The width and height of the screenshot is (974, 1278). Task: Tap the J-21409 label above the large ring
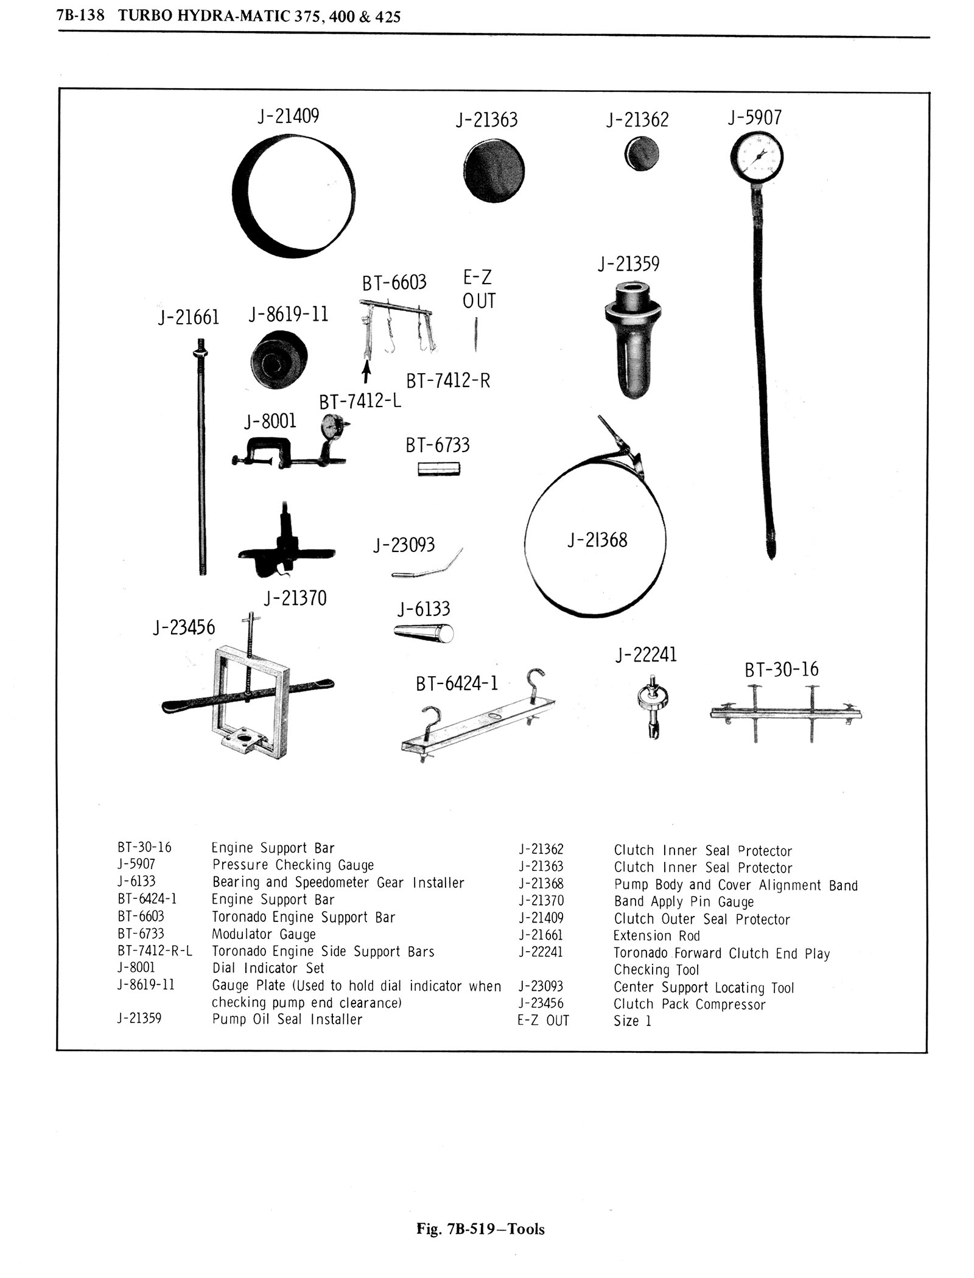click(289, 116)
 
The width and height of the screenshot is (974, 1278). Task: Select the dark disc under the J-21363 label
click(493, 170)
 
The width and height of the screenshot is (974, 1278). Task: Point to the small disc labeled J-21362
click(641, 153)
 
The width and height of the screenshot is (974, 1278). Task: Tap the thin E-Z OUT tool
click(475, 334)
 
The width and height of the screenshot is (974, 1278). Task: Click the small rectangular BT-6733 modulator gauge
click(439, 469)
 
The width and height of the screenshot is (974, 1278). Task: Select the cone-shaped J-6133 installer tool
click(424, 633)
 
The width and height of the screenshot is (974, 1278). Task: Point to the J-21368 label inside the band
click(597, 539)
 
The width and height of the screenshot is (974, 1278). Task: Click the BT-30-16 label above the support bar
click(782, 669)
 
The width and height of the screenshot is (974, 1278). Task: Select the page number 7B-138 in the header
click(81, 15)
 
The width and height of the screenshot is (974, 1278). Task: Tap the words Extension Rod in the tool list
click(657, 935)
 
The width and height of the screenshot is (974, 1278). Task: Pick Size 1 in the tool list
click(632, 1021)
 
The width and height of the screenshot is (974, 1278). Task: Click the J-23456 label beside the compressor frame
click(184, 627)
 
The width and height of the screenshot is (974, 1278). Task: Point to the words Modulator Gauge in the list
click(264, 934)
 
